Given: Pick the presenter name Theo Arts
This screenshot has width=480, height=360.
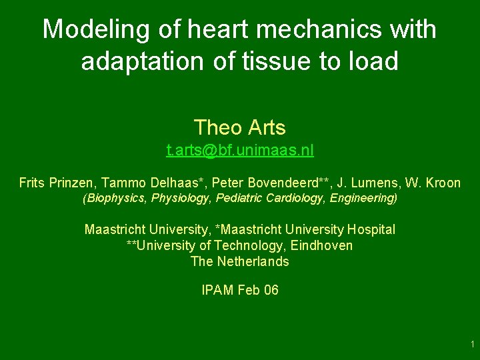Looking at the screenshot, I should pos(239,127).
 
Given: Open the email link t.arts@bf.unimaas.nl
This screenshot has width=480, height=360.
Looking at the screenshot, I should pos(239,151).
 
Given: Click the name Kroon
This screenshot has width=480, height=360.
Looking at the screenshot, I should pos(444,182).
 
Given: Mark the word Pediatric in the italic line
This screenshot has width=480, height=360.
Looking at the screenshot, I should pos(231,198).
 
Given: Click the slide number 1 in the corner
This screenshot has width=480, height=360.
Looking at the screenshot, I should pos(472,345).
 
